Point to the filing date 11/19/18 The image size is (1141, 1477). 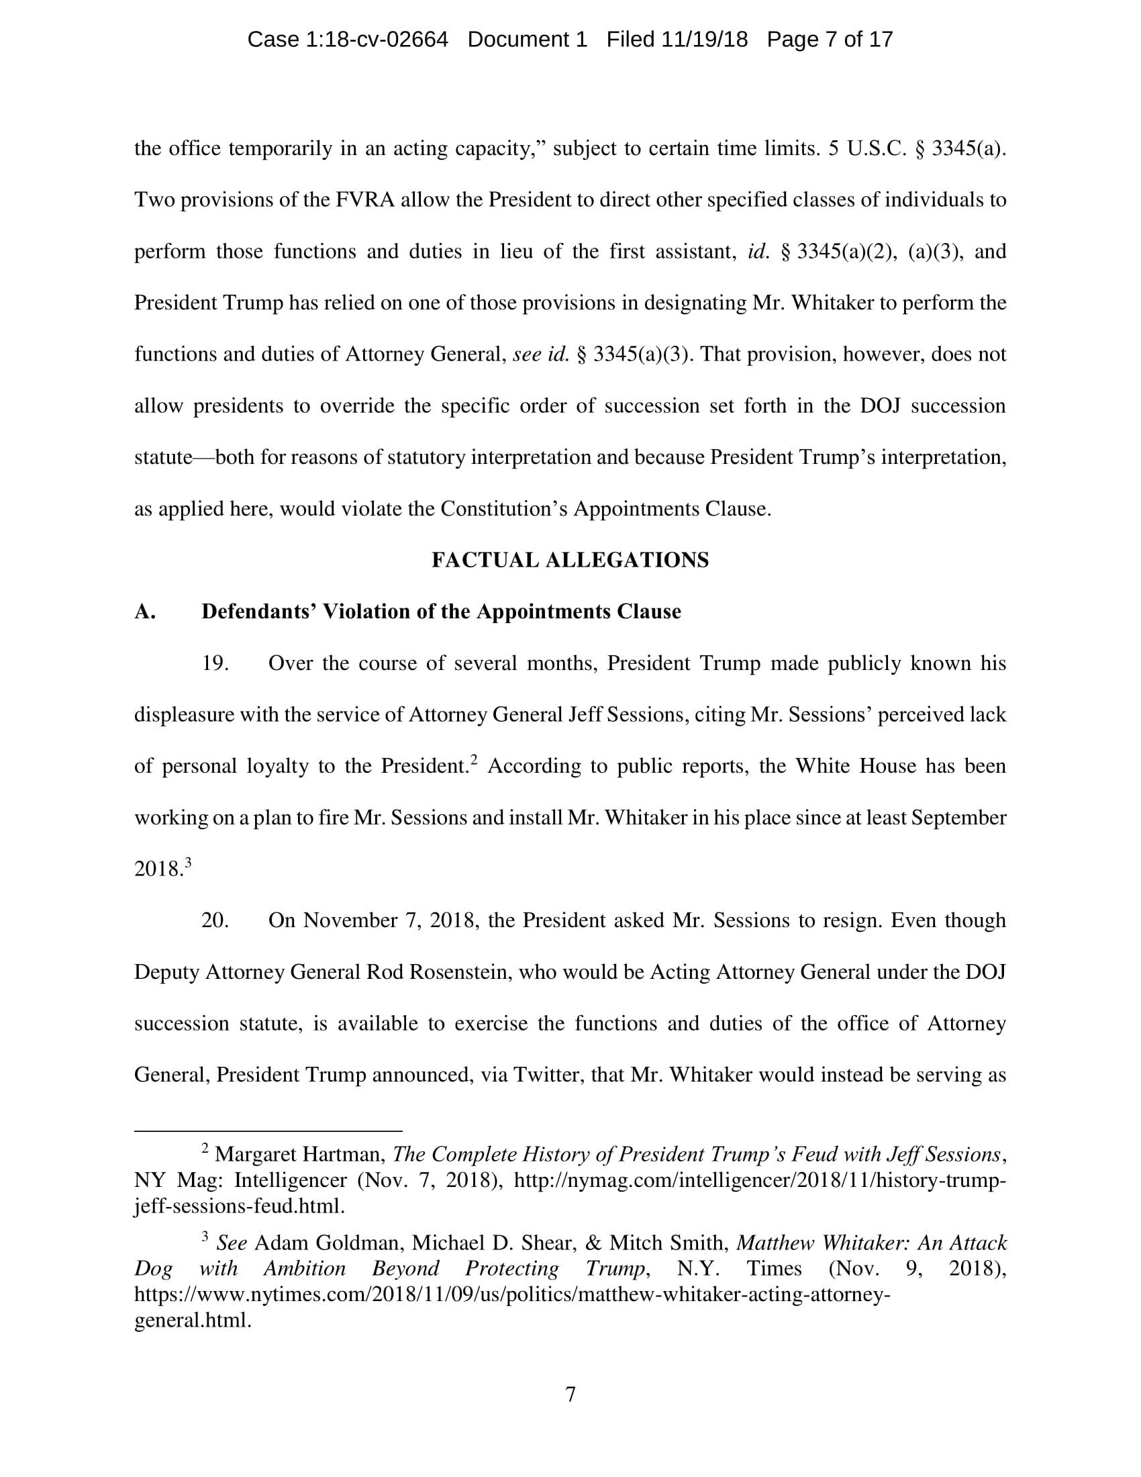pos(704,40)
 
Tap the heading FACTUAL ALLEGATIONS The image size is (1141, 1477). pos(570,560)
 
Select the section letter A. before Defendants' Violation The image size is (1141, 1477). pos(145,612)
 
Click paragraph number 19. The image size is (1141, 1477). pos(214,663)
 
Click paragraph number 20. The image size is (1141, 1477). pos(215,920)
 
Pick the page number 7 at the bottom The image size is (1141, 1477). pos(570,1394)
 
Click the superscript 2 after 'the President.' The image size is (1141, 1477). pos(475,759)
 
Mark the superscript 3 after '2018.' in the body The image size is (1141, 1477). pos(189,862)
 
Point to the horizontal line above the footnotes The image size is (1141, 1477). pos(268,1130)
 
